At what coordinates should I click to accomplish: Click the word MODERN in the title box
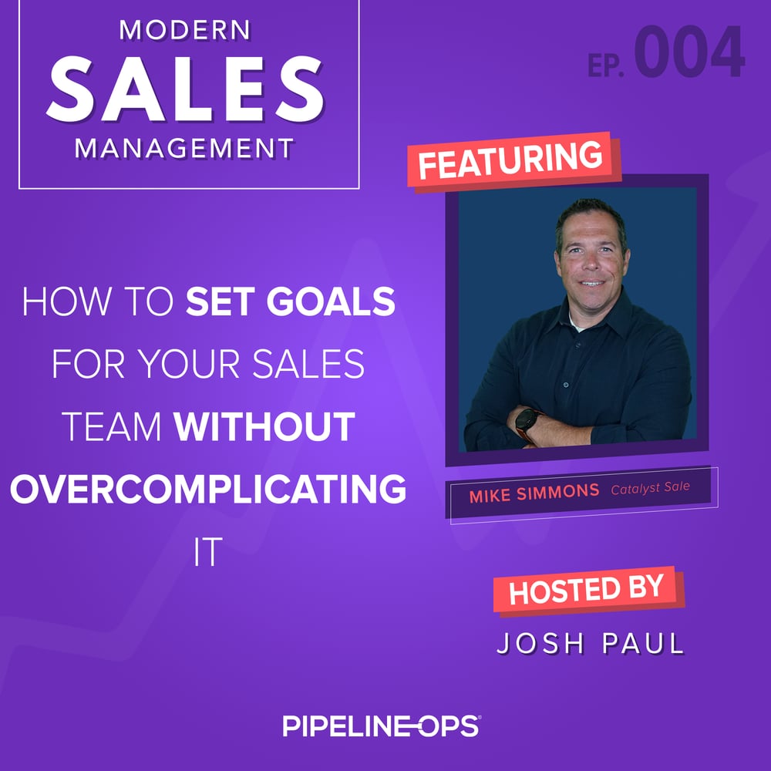click(x=185, y=31)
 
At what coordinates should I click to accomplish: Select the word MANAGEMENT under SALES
click(x=185, y=147)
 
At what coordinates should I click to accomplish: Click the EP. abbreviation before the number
click(x=607, y=66)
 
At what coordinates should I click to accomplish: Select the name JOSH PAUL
click(x=591, y=644)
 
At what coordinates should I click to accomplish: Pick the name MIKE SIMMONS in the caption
click(x=534, y=491)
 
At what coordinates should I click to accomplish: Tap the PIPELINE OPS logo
click(x=382, y=726)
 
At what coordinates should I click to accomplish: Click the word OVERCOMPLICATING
click(x=208, y=489)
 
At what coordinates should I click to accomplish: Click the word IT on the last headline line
click(x=208, y=553)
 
